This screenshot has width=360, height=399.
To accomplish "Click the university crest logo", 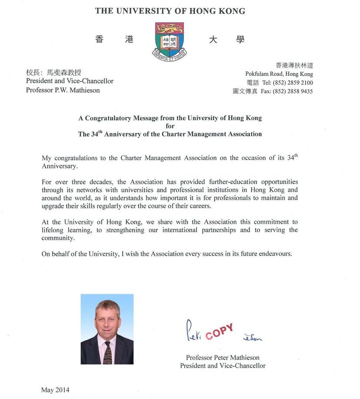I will [x=170, y=41].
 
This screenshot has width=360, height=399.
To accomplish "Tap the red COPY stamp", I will [x=219, y=332].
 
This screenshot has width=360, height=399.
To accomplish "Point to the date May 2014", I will [x=55, y=390].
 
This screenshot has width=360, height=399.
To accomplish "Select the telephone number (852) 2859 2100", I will [x=293, y=83].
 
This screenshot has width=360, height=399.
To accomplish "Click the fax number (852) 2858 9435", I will [x=293, y=91].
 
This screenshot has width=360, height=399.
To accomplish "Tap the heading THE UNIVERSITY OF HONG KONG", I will [x=170, y=11].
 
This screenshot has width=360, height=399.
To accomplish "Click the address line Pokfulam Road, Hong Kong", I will [x=279, y=74].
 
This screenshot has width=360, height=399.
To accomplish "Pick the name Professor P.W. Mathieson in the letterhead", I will [x=63, y=90].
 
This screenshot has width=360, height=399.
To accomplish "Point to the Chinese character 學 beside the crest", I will [x=240, y=40].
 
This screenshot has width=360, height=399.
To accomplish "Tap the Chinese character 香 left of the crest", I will [x=100, y=40].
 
